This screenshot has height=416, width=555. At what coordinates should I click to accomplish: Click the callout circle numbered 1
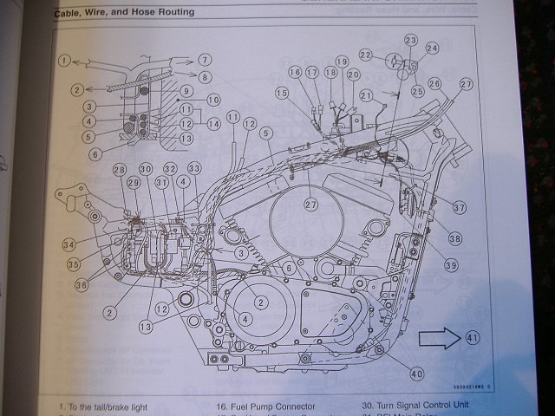[x=64, y=61]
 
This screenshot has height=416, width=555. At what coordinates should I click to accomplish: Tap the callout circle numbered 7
[x=205, y=60]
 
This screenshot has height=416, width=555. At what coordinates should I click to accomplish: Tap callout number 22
[x=366, y=56]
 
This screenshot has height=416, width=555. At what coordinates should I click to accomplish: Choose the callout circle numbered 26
[x=434, y=83]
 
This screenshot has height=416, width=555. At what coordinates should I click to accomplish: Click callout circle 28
[x=119, y=170]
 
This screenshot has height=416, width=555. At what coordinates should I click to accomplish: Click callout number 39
[x=451, y=263]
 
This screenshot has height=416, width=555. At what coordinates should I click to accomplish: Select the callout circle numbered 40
[x=417, y=374]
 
